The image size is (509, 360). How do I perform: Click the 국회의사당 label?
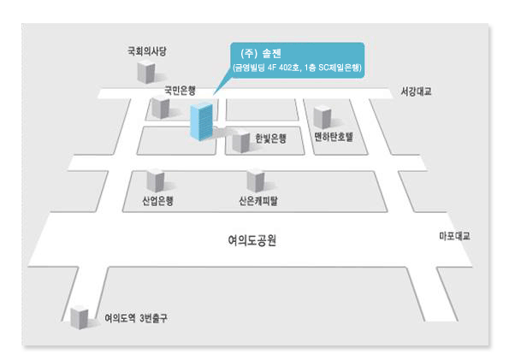147,51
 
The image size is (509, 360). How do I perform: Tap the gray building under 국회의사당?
145,72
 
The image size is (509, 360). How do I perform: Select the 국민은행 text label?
181,90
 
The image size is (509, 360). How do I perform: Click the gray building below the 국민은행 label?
161,107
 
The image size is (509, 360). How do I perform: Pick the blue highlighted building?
201,121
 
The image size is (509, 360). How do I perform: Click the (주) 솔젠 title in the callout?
261,53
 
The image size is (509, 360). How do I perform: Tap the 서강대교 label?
416,91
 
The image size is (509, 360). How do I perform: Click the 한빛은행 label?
270,139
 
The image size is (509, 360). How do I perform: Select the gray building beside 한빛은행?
241,141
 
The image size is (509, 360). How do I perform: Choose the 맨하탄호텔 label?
334,137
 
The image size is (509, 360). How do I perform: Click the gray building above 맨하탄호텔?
323,117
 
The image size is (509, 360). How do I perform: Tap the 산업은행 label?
157,201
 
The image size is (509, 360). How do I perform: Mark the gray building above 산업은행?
156,180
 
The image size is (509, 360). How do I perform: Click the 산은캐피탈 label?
258,201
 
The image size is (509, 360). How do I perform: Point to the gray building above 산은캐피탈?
256,180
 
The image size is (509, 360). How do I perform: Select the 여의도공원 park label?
252,240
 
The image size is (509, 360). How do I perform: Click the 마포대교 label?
454,236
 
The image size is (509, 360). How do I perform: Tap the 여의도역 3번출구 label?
136,318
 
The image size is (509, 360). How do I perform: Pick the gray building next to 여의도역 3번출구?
80,317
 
